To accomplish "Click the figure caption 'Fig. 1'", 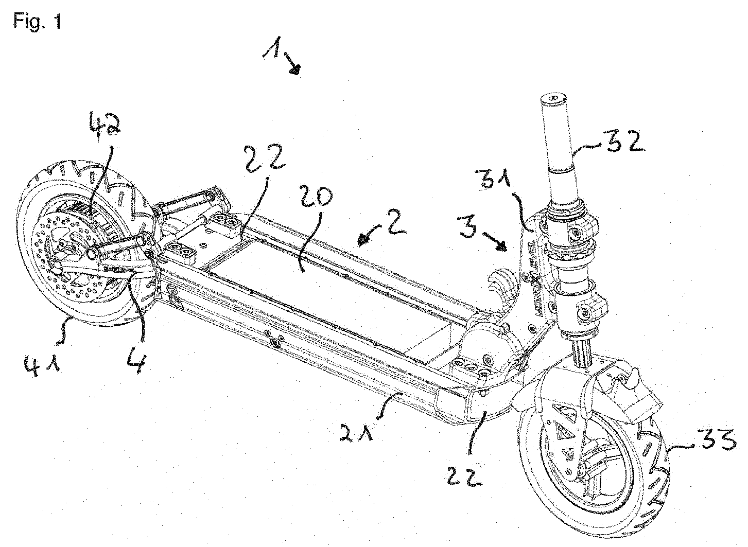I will pyautogui.click(x=38, y=22).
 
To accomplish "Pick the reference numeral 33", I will pyautogui.click(x=712, y=442).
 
